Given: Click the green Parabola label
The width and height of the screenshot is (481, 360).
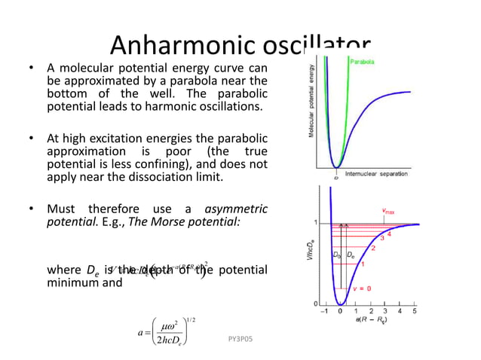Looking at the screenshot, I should (362, 62).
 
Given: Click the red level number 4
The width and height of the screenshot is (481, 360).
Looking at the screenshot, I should (390, 233).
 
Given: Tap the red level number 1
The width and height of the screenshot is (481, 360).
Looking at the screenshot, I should (362, 264).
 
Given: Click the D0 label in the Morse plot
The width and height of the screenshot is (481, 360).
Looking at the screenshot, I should (337, 255).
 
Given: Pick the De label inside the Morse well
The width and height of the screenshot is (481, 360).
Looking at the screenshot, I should (351, 255).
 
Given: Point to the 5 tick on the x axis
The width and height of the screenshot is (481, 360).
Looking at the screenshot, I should (415, 310).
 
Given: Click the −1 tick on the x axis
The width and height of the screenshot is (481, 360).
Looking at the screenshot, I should (324, 310).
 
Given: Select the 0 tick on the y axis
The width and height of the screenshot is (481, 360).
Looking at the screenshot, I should (314, 303).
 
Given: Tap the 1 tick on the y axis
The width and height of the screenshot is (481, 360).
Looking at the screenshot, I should (314, 223).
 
